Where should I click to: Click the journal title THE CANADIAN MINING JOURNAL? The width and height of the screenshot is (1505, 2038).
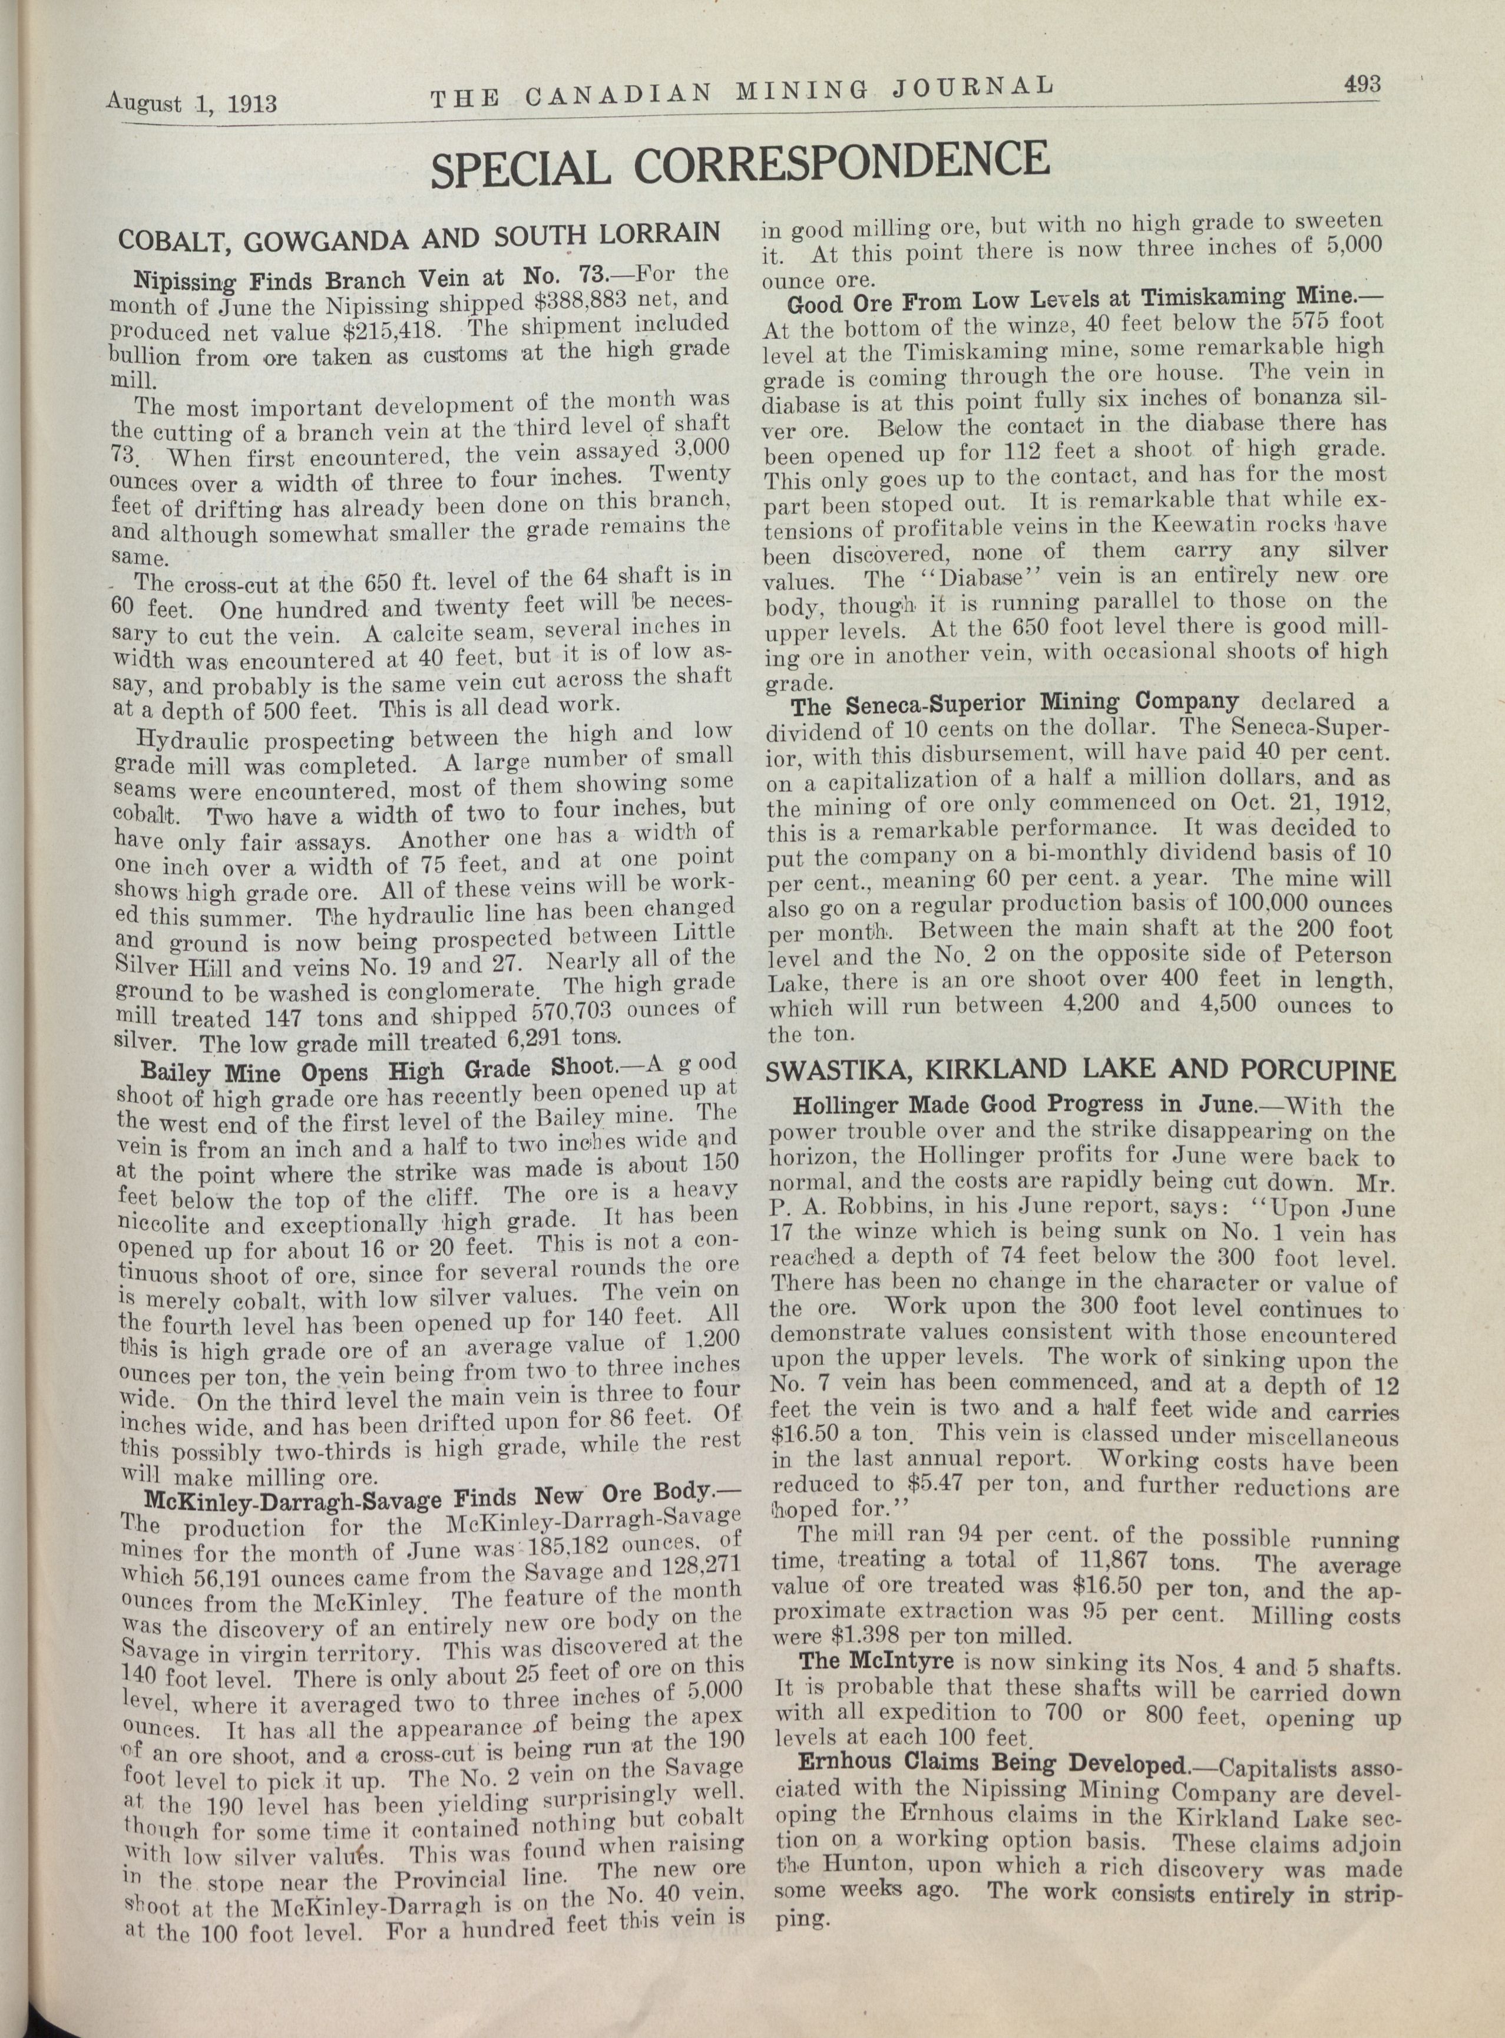pos(742,91)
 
